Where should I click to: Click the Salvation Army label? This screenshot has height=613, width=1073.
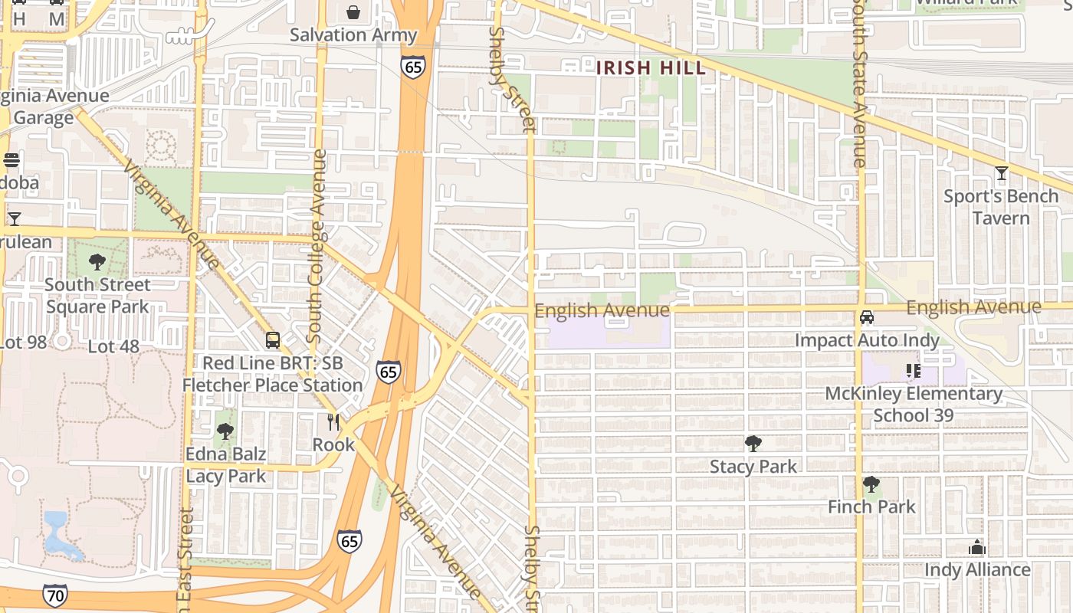pos(353,34)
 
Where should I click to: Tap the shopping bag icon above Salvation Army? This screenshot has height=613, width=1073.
pos(353,11)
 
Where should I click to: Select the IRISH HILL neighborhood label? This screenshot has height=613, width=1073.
pos(651,67)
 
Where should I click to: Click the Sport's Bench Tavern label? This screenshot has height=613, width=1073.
pos(1001,207)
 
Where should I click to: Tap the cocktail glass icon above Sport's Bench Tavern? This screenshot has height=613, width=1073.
pos(1001,173)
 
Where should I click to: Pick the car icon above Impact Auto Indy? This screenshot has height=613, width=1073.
pos(867,316)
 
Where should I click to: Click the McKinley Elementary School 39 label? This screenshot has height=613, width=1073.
pos(914,404)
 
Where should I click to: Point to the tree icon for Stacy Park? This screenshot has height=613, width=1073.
pos(753,443)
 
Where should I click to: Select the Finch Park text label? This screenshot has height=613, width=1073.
pos(871,506)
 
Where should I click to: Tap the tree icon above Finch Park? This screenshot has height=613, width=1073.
pos(871,484)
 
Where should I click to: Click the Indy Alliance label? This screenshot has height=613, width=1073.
pos(977,570)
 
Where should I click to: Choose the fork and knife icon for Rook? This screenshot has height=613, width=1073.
pos(333,421)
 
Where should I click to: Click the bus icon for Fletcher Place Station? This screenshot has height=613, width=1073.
pos(272,339)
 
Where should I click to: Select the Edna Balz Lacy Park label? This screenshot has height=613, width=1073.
pos(226,464)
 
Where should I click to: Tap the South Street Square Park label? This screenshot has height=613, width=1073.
pos(97,296)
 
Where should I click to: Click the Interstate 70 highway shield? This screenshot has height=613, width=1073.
pos(54,595)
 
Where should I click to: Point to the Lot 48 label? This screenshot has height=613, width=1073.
pos(113,346)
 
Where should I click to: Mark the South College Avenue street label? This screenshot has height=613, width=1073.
pos(317,245)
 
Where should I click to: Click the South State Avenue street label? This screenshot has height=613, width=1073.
pos(860,84)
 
